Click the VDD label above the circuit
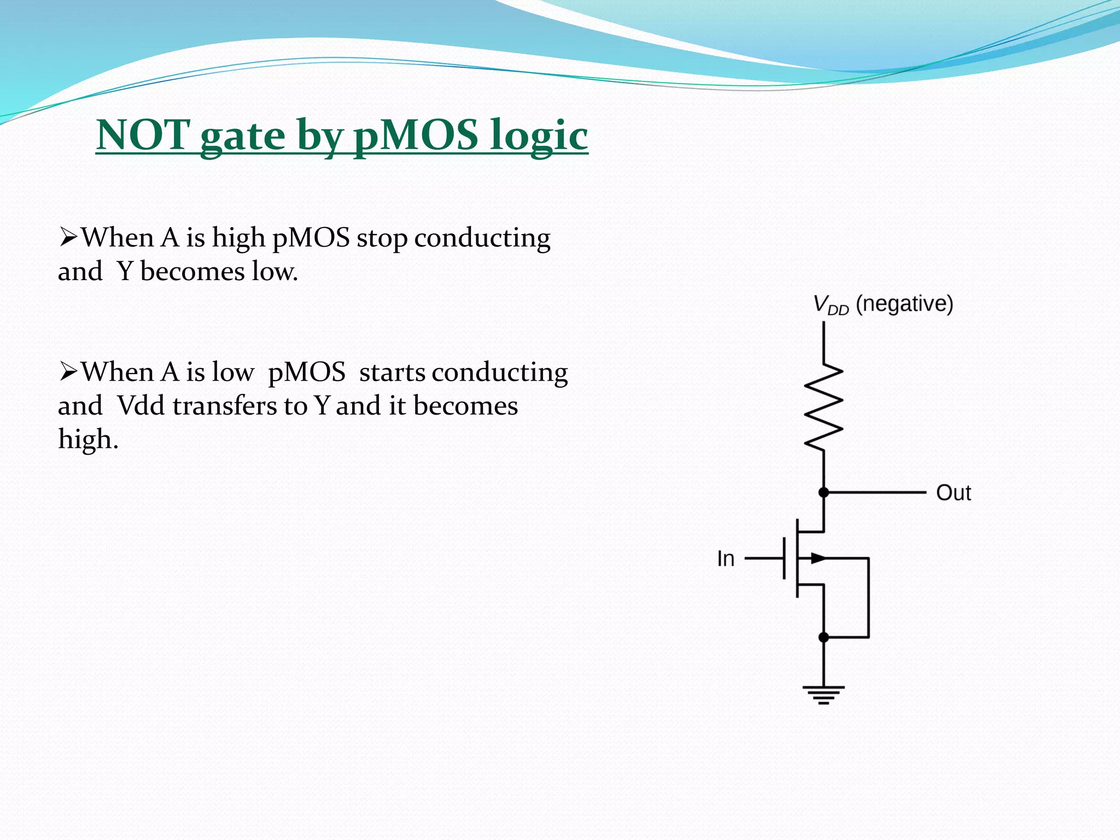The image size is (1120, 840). (830, 305)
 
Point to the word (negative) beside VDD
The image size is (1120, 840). (904, 304)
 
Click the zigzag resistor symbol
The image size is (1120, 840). (824, 407)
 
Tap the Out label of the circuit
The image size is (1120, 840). (953, 493)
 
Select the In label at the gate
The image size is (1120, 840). (726, 559)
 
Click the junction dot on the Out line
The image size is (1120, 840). (824, 493)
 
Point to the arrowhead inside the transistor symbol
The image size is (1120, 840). (818, 558)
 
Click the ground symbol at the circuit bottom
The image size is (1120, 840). (824, 695)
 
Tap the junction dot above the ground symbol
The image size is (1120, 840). (824, 637)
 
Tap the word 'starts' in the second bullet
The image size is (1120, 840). (392, 372)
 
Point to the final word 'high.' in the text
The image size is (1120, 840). (88, 439)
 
